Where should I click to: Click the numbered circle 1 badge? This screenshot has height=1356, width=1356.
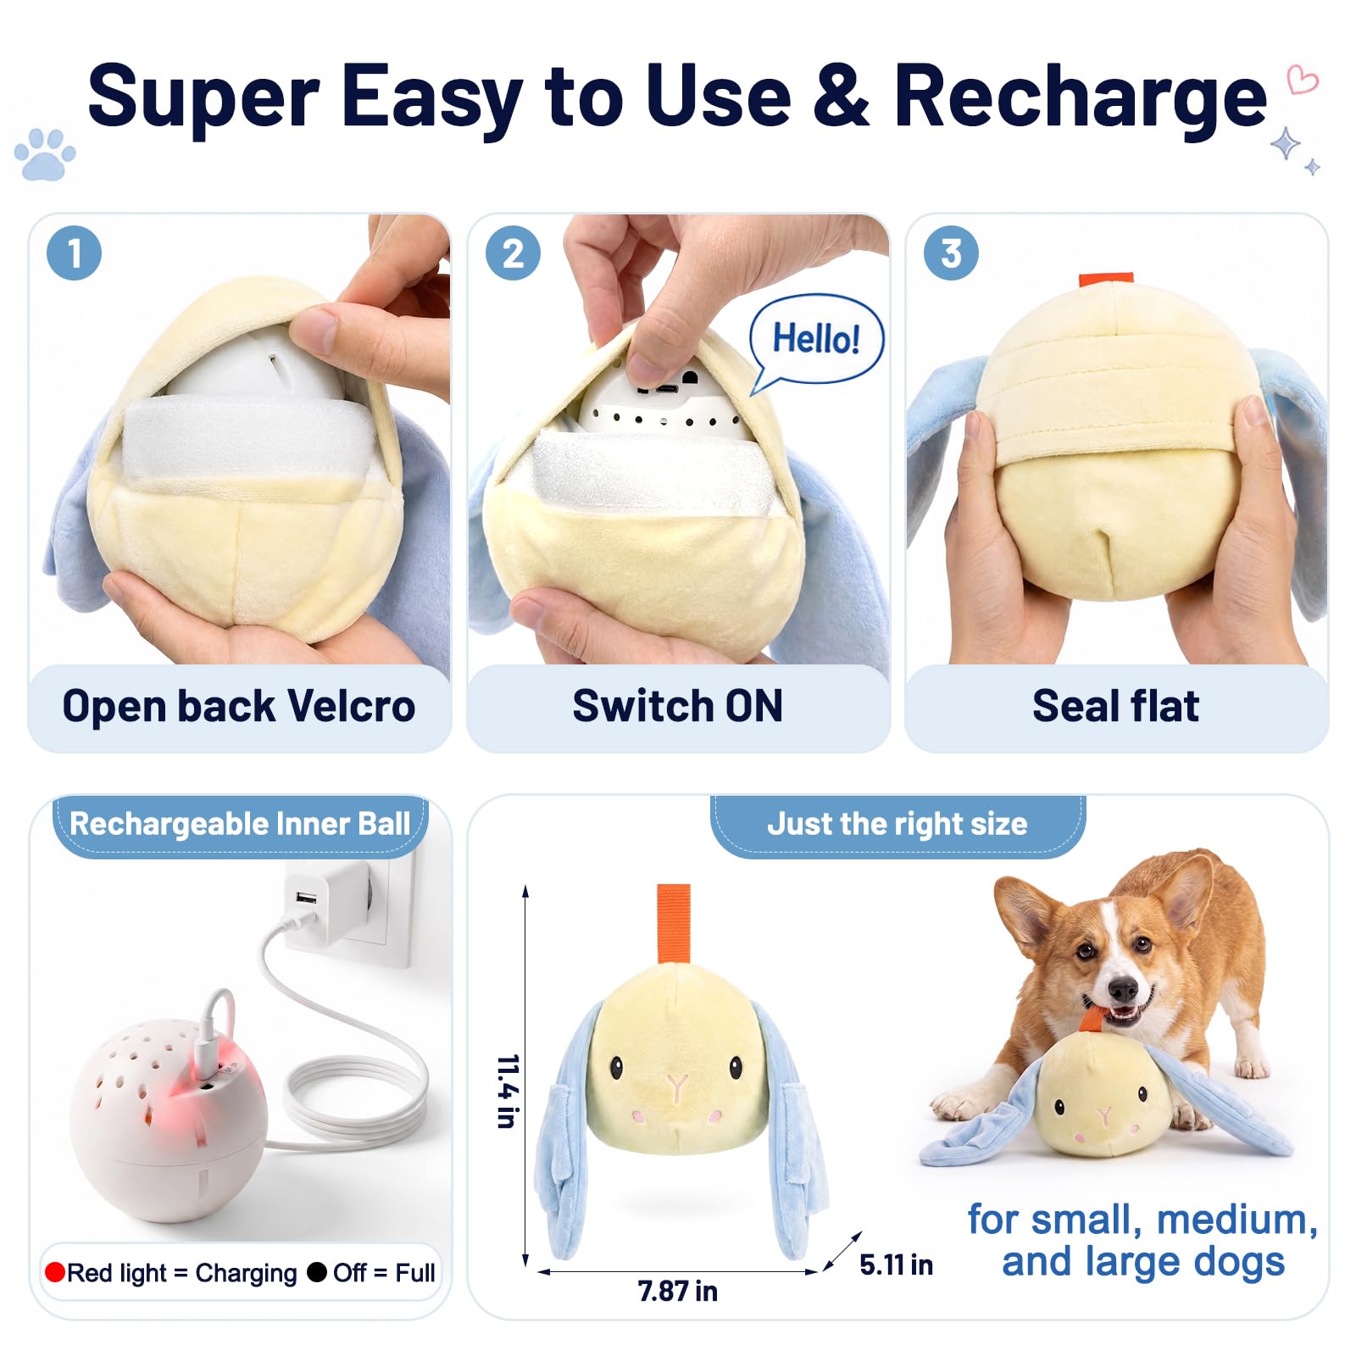coord(75,253)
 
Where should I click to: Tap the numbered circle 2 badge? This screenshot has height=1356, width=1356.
coord(513,253)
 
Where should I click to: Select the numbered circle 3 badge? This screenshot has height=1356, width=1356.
coord(951,253)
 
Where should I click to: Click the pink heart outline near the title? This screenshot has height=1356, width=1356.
coord(1303,80)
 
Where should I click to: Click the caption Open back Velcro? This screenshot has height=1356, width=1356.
coord(239,706)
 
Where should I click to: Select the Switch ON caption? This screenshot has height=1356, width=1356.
coord(678,706)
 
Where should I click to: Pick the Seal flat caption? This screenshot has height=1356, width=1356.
coord(1116,706)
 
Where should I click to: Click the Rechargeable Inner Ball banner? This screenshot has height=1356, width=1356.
coord(240,825)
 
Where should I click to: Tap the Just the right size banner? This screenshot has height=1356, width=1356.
coord(898,825)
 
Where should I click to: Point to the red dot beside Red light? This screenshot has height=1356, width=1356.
coord(55,1272)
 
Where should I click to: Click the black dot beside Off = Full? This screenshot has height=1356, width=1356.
coord(317,1272)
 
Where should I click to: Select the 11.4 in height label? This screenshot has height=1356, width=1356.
coord(508,1092)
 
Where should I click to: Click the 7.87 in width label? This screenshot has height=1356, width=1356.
coord(678,1291)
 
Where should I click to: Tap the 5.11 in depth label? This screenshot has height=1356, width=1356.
coord(896,1264)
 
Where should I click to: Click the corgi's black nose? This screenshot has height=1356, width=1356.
coord(1123,988)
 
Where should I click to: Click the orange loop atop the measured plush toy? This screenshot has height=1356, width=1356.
coord(674,924)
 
